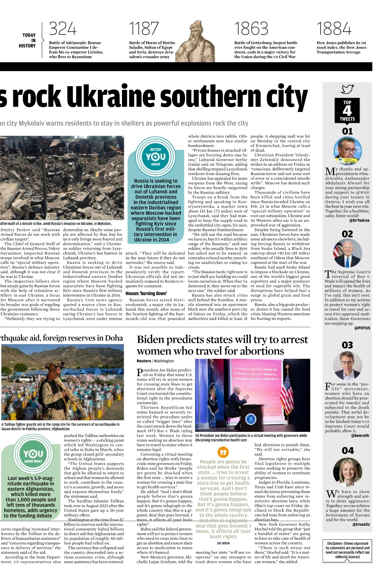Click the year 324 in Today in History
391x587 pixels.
pyautogui.click(x=63, y=29)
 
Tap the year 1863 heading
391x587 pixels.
pyautogui.click(x=251, y=29)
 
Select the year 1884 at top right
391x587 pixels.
pyautogui.click(x=334, y=29)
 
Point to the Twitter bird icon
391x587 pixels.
pyautogui.click(x=347, y=89)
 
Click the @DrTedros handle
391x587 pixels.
pyautogui.click(x=359, y=220)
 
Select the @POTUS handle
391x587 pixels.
pyautogui.click(x=362, y=328)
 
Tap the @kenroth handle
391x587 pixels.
pyautogui.click(x=360, y=435)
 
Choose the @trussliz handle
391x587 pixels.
pyautogui.click(x=361, y=524)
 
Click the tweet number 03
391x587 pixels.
pyautogui.click(x=347, y=345)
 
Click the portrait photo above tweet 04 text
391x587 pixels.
pyautogui.click(x=348, y=472)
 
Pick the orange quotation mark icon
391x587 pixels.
pyautogui.click(x=223, y=452)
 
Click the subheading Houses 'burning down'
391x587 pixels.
pyautogui.click(x=146, y=293)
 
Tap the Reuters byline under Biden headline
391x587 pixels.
pyautogui.click(x=144, y=361)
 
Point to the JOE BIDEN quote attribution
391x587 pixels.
pyautogui.click(x=223, y=543)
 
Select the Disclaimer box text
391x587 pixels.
pyautogui.click(x=347, y=550)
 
